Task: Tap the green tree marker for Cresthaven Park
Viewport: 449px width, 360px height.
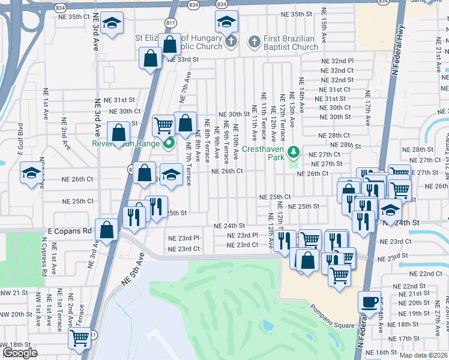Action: [294, 151]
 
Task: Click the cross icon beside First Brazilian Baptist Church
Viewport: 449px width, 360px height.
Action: [254, 42]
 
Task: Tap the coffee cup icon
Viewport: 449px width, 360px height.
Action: [369, 301]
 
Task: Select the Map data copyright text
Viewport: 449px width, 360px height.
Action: [423, 355]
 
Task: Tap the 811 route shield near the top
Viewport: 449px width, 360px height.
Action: [171, 22]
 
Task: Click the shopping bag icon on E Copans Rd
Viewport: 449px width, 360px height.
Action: [107, 230]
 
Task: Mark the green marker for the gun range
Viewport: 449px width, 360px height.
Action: [169, 143]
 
